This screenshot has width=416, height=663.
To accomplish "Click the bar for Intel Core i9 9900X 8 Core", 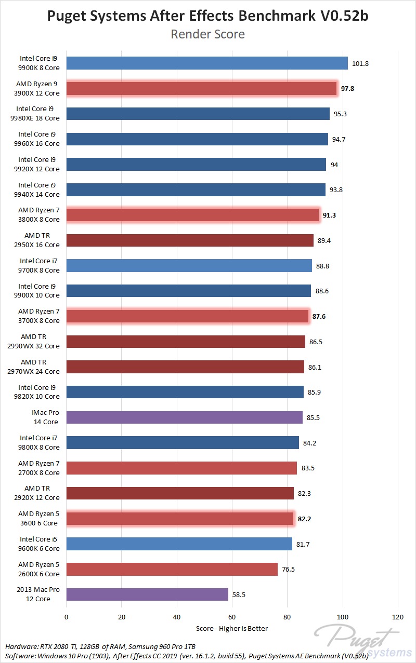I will click(x=207, y=63).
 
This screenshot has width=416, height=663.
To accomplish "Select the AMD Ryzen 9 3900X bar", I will click(x=202, y=89).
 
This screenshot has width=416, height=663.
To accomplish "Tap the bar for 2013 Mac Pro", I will click(x=147, y=594).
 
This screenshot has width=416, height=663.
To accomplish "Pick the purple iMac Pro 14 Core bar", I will click(x=185, y=417).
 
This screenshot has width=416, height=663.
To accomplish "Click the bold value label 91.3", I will click(x=329, y=215).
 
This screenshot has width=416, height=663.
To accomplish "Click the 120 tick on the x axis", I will click(x=398, y=617).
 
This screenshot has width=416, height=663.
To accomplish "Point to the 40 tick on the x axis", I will click(x=177, y=617).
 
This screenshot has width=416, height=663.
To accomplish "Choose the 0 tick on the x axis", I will click(x=66, y=617).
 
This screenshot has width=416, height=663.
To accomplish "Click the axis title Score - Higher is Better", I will click(x=232, y=628).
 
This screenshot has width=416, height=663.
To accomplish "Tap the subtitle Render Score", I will click(x=207, y=34).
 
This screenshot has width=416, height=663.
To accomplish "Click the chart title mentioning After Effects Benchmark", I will click(x=207, y=16).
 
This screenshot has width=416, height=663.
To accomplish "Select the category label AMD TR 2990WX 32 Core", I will click(x=40, y=342).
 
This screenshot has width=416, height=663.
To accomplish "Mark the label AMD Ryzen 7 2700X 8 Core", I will click(x=39, y=468).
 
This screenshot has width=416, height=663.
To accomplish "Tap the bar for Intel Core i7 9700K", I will click(x=189, y=266).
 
